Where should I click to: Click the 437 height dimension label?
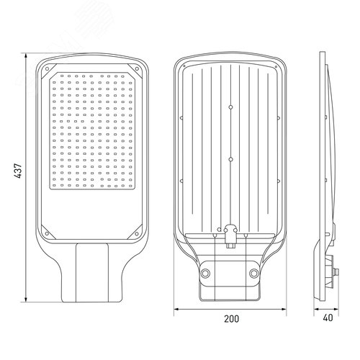click(x=18, y=171)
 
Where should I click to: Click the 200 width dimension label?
click(x=232, y=319)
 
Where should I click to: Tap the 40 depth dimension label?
click(x=328, y=318)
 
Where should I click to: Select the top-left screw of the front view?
click(x=47, y=69)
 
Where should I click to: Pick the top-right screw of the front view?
click(x=137, y=69)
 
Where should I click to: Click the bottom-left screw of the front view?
click(x=47, y=233)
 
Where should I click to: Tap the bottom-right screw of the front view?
click(x=137, y=233)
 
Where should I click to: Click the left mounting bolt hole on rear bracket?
click(x=205, y=273)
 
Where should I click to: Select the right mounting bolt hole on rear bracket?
click(x=254, y=273)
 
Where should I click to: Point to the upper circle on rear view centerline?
click(x=231, y=107)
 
